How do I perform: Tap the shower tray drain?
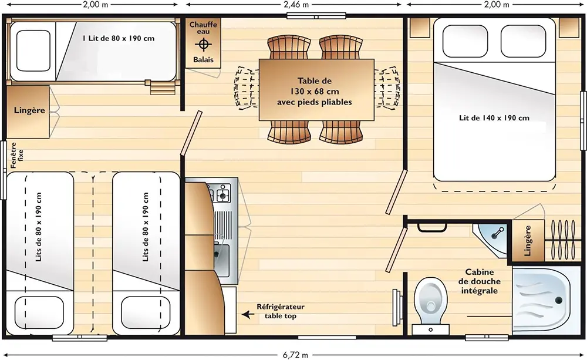pos(559,300)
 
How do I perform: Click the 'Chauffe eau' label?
pos(203,28)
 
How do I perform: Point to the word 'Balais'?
pos(203,59)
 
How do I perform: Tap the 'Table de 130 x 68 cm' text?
pos(315,86)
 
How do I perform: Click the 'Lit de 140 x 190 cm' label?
pos(494,118)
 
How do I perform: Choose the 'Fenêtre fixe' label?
pos(17,155)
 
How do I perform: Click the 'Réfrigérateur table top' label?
pos(281,311)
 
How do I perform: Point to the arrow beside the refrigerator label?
pos(248,314)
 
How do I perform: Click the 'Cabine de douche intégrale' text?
pos(479,281)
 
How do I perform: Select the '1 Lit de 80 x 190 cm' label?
pos(119,38)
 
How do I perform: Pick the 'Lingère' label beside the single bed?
pos(29,110)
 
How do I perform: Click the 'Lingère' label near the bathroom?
pos(528,241)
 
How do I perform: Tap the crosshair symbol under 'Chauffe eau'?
pos(203,45)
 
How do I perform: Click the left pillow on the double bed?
pos(465,41)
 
